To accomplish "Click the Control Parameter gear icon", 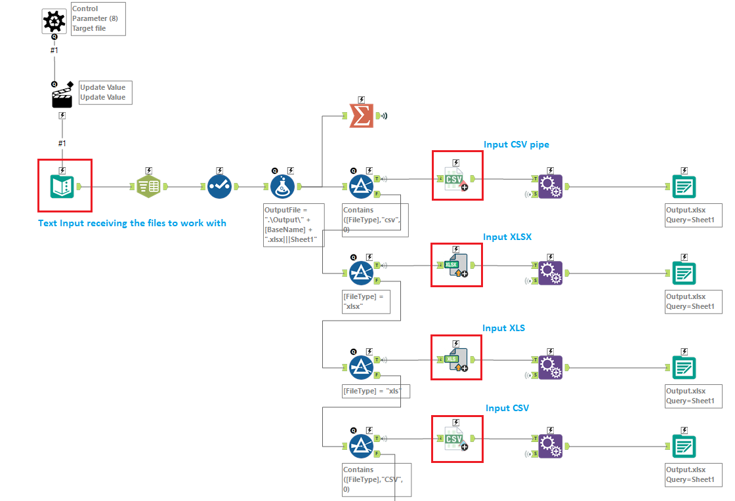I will coord(54,22).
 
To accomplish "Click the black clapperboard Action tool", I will coord(62,96).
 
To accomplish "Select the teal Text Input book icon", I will coord(62,186).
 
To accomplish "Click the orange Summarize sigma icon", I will coord(361,116).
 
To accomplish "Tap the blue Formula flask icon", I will coord(282,186).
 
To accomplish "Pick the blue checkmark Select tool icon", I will coord(219,186).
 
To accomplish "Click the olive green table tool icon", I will coord(149,186).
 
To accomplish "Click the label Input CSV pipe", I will coord(516,144).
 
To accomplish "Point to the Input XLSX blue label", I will coord(507,237).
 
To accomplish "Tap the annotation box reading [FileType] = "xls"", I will coord(376,391).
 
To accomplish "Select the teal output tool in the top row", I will coord(684,186).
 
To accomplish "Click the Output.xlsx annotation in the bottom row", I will coord(694,474).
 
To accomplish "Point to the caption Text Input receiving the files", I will coord(132,223).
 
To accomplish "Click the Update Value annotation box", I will coord(104,92).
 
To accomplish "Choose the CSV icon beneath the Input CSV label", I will coord(456,440).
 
